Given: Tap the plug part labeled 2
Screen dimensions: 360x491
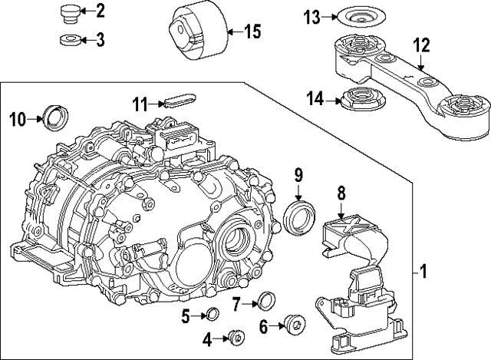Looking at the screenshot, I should coord(69,13).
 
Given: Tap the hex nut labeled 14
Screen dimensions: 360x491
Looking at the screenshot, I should coord(357,98).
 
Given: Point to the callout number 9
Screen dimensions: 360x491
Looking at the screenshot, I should coord(299,176).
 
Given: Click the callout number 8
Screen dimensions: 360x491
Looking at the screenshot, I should coord(341,195).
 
